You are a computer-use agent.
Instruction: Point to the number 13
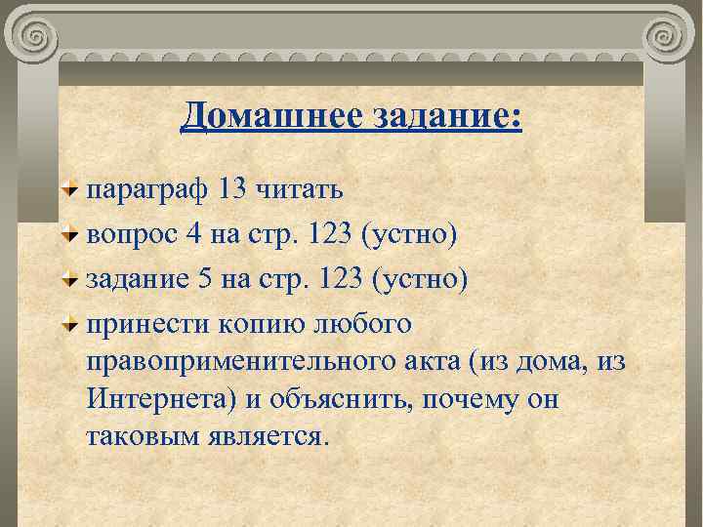(233, 188)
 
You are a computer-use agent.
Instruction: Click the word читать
(299, 188)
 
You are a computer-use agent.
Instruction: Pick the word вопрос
(128, 235)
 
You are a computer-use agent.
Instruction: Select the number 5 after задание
(205, 280)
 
